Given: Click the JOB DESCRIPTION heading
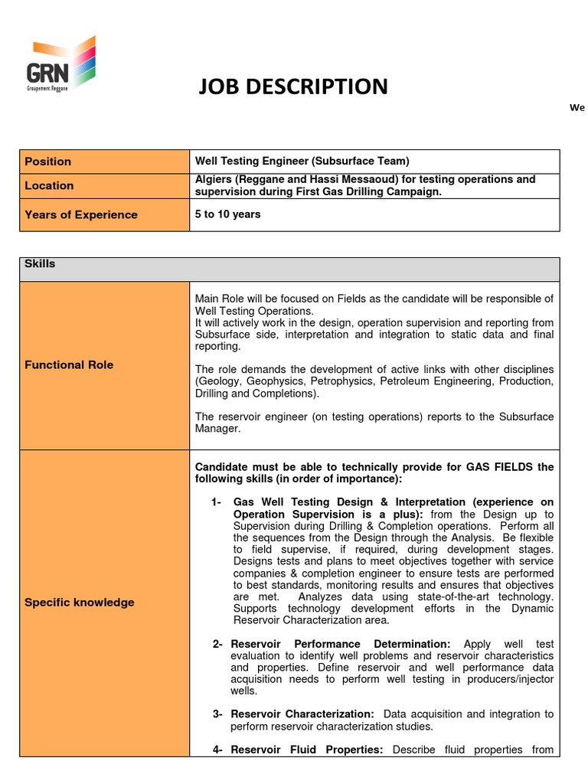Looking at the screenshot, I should [292, 87].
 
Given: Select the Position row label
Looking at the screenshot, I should [47, 162].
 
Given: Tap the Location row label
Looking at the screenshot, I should [49, 185].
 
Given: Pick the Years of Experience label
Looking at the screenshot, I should [80, 214].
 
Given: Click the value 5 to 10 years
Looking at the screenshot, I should [227, 214].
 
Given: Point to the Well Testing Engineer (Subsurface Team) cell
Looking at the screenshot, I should [302, 161].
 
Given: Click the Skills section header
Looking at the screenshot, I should [40, 263].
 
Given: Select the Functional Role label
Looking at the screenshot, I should [69, 364].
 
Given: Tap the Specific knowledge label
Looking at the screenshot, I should [79, 603].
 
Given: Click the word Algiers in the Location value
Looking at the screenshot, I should [213, 179].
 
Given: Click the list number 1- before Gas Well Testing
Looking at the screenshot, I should [217, 502].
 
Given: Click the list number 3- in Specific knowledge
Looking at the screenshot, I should [217, 714].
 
